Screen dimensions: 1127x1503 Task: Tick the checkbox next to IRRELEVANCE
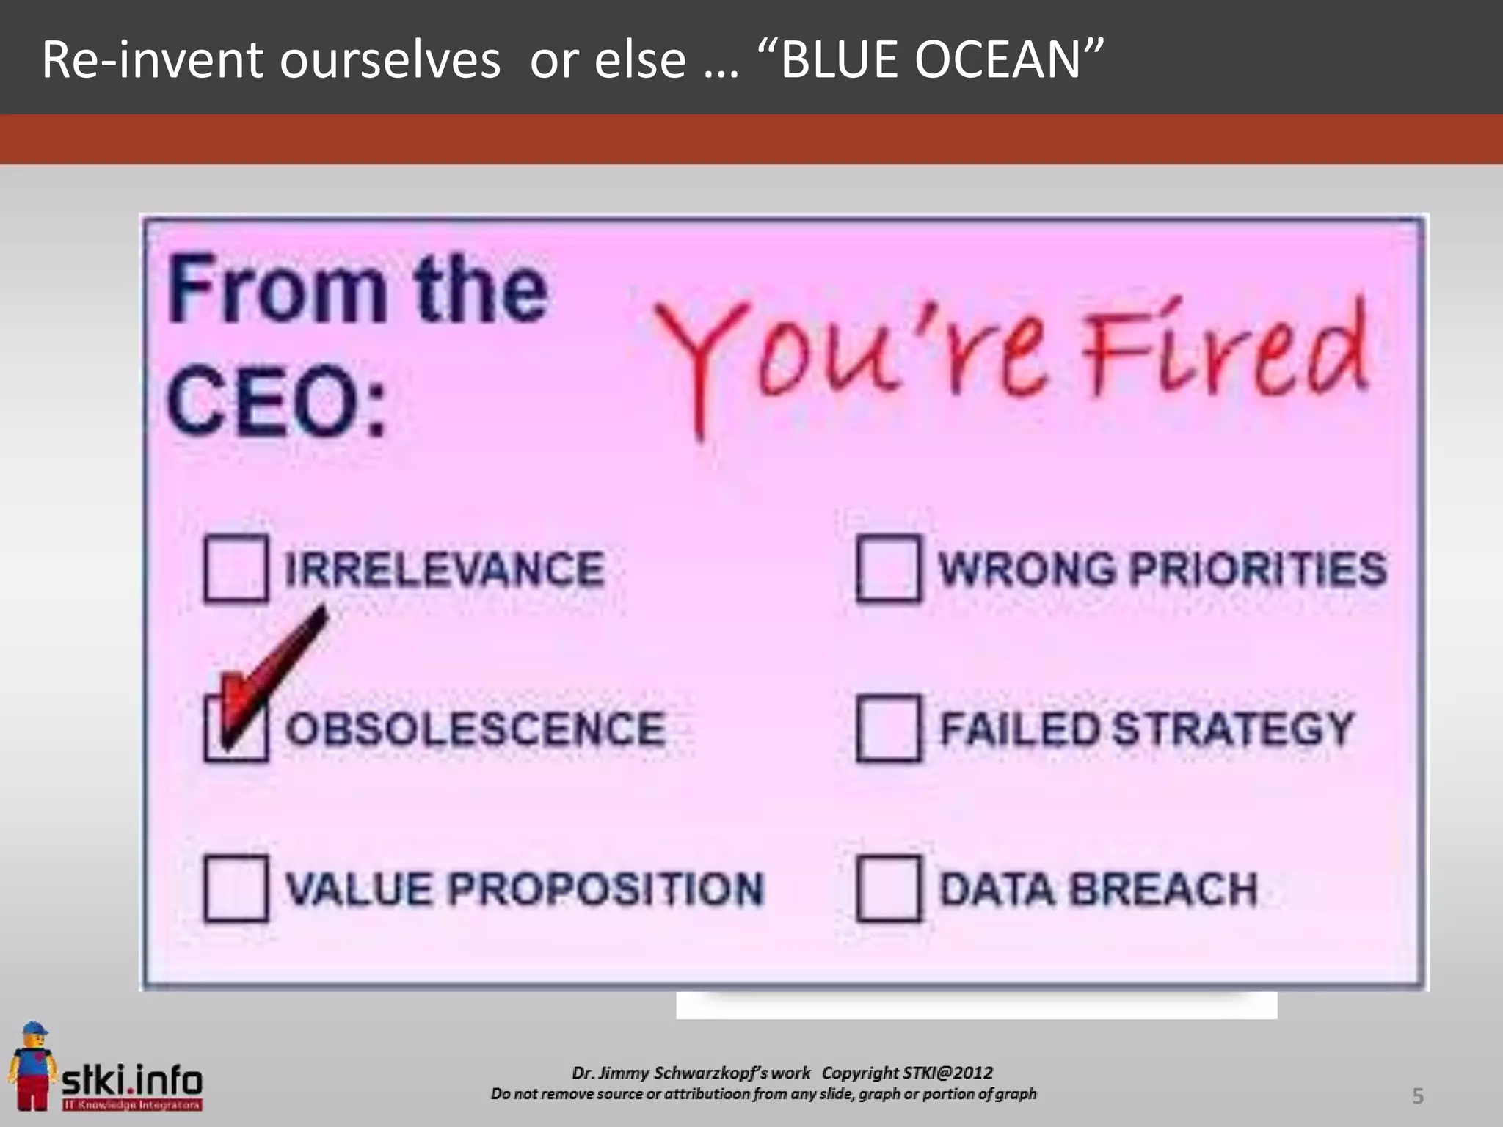point(236,569)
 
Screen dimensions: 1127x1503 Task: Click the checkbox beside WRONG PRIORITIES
point(888,569)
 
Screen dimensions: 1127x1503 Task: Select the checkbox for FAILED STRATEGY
point(888,729)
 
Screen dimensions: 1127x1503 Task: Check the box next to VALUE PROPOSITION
point(236,889)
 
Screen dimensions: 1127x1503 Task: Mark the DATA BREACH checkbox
point(888,889)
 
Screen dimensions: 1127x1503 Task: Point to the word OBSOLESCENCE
point(476,729)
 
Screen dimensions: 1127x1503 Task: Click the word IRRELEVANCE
point(444,569)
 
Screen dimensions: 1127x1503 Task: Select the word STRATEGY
point(1232,729)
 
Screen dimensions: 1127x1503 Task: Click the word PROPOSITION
point(605,889)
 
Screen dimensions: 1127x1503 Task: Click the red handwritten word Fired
point(1226,352)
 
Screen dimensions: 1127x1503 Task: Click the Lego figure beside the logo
point(31,1065)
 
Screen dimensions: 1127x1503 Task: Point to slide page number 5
point(1418,1096)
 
